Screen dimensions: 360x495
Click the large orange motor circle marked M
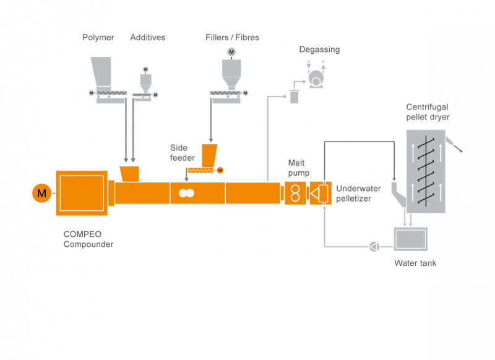(x=41, y=194)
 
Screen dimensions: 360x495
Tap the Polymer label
(x=98, y=38)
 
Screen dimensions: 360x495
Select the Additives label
(x=148, y=38)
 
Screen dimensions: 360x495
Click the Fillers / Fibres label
(x=232, y=38)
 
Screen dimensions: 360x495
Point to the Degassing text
(x=319, y=49)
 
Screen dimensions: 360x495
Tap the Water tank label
(x=415, y=264)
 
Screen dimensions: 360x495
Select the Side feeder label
(x=183, y=153)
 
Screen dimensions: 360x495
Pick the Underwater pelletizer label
(x=359, y=194)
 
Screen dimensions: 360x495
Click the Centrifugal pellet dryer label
(x=428, y=112)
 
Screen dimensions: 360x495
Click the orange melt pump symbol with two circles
(x=295, y=194)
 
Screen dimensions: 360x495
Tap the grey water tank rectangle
(x=410, y=238)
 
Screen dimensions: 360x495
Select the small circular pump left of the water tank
(x=373, y=246)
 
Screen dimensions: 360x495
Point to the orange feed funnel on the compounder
(x=129, y=174)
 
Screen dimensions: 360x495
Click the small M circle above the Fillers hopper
(x=231, y=51)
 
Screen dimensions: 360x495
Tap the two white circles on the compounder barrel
(x=186, y=193)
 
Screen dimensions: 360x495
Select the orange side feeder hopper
(x=209, y=155)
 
